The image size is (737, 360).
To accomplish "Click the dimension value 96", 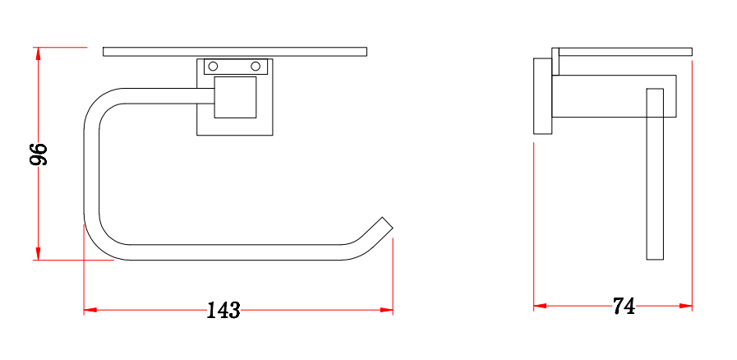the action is coord(39,155).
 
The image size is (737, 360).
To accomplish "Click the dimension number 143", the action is coord(223,310).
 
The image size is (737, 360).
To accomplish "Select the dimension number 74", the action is coord(624,307).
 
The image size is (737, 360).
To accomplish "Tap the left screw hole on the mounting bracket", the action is coord(213,66).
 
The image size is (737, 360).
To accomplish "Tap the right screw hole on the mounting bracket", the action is coord(256,66).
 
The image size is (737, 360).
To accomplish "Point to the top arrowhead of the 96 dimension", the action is coord(38,53).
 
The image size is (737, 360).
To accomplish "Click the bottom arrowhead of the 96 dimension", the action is coord(38,253).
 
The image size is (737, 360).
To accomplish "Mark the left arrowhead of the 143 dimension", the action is coord(90,310).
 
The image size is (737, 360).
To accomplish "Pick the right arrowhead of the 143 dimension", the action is coord(386,310).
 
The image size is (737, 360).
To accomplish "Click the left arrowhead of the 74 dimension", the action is coord(540,306).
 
